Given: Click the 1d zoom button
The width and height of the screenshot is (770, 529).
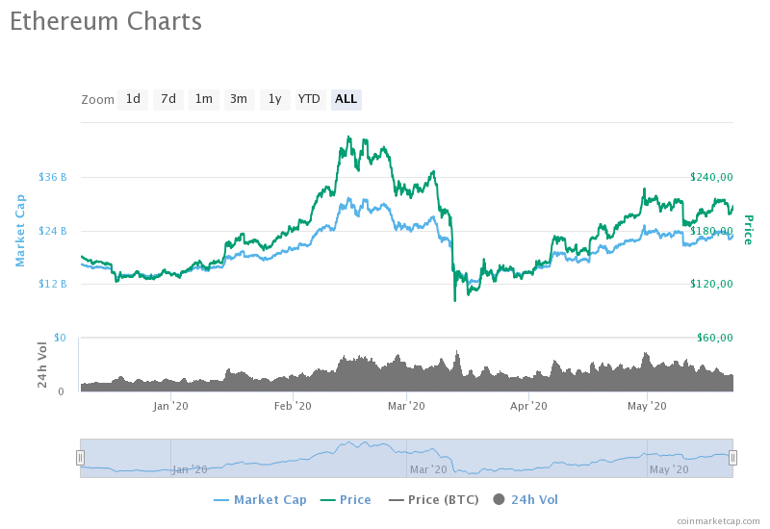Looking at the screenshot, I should coord(133,99).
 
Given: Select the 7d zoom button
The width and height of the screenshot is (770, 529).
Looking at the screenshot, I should coord(168,99).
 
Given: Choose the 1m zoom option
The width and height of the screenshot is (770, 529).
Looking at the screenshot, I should coord(203,99).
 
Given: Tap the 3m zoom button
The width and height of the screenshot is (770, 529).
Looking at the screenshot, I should coord(239,99).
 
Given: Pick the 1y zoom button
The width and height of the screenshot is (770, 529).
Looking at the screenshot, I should coord(274,99).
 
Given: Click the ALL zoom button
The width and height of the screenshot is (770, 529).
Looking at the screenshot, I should coord(346,99).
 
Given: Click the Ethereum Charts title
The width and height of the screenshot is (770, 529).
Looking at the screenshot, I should coord(106,22).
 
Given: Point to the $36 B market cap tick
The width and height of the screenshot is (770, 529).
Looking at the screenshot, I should coord(53,177).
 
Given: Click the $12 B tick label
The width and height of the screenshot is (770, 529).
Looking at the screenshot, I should coord(53,284).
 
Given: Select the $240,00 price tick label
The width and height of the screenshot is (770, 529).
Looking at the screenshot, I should coord(712,177).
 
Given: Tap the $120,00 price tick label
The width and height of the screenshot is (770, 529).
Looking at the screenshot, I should coord(712,284).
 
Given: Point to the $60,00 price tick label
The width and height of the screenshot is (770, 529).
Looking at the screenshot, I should coord(712,338).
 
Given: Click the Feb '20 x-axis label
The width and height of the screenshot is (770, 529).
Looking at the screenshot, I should coord(293,407).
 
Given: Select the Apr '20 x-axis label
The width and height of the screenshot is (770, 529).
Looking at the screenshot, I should coord(528,407).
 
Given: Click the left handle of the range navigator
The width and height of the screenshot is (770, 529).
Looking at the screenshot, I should coord(81,458).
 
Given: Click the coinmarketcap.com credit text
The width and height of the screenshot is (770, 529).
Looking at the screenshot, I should coord(718,520).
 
